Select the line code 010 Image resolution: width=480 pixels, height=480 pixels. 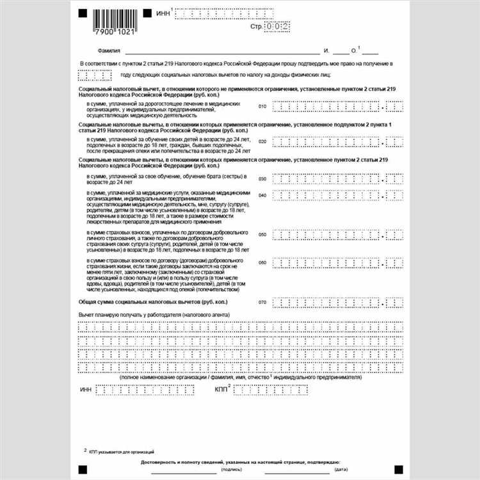pos(262,106)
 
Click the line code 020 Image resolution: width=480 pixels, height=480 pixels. pos(262,141)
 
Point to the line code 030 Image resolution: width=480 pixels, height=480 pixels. pos(262,179)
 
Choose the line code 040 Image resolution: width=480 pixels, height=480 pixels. pos(262,195)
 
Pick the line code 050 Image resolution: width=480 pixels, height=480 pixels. pos(262,235)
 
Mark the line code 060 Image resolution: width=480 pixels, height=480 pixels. pos(262,262)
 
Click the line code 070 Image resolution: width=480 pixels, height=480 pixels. pos(262,301)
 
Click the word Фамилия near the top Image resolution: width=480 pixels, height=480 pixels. pos(110,51)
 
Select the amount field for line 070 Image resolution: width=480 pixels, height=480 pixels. pos(337,301)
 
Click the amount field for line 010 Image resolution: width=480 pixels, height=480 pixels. pos(337,106)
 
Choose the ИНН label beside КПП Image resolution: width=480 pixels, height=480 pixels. pos(86,389)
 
